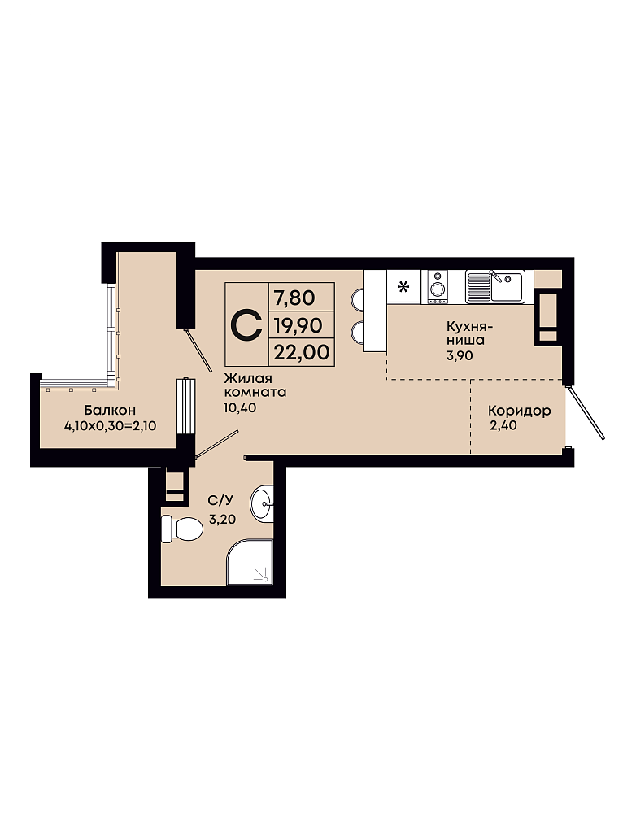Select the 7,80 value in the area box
click(x=294, y=298)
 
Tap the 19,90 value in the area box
click(x=298, y=324)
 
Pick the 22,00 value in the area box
click(x=301, y=352)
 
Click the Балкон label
click(x=110, y=411)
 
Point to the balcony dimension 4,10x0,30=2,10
click(x=110, y=426)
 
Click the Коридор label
click(x=519, y=411)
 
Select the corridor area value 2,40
click(x=503, y=426)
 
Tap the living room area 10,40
click(x=240, y=407)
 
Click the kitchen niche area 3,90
click(x=460, y=355)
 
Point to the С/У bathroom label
click(x=220, y=501)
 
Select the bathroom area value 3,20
click(x=222, y=519)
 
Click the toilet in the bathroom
click(x=181, y=529)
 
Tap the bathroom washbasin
click(x=263, y=503)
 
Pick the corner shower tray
click(x=250, y=562)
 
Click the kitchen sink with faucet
click(x=494, y=286)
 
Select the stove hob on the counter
click(x=438, y=286)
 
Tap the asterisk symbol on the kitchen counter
click(x=403, y=287)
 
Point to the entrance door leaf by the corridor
click(x=585, y=411)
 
